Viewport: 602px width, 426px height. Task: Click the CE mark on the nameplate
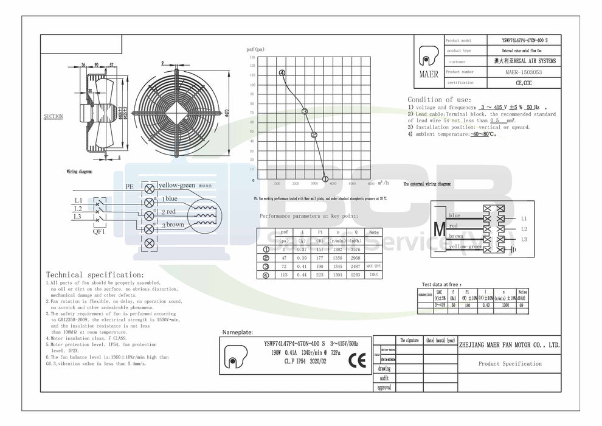coord(355,360)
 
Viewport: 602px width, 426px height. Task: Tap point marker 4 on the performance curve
coord(282,73)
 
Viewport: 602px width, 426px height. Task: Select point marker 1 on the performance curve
coord(325,179)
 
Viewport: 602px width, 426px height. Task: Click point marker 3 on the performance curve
coord(305,111)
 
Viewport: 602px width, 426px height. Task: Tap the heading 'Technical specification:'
coord(95,275)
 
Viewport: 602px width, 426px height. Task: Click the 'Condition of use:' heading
coord(439,99)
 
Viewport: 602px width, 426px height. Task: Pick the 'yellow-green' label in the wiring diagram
coord(176,185)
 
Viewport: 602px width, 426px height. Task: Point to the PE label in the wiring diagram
coord(129,187)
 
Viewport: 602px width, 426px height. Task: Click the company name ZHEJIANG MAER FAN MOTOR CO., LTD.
coord(510,345)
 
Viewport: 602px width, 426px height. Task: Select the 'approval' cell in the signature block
coord(384,387)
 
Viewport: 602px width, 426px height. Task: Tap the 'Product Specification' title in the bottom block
coord(510,364)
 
